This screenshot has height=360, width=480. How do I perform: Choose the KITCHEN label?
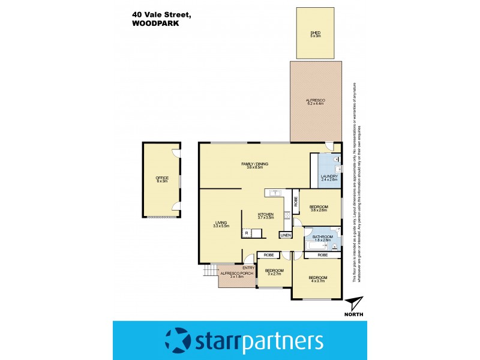266,216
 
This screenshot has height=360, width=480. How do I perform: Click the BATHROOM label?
323,238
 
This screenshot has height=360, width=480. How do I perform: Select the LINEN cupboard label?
286,235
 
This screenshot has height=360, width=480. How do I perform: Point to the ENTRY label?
248,268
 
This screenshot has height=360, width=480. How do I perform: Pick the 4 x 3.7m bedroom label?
316,278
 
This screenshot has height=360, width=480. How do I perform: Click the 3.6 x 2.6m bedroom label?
319,208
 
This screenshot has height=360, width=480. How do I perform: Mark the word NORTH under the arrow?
354,314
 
